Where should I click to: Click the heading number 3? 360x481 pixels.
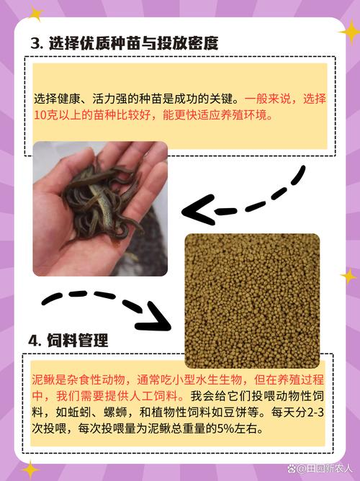click(x=35, y=43)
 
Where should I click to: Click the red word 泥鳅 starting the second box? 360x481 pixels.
click(x=45, y=379)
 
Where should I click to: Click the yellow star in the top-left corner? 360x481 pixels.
click(x=34, y=12)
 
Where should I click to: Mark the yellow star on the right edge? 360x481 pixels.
click(x=348, y=276)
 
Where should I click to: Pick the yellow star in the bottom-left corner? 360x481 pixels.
click(x=30, y=469)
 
